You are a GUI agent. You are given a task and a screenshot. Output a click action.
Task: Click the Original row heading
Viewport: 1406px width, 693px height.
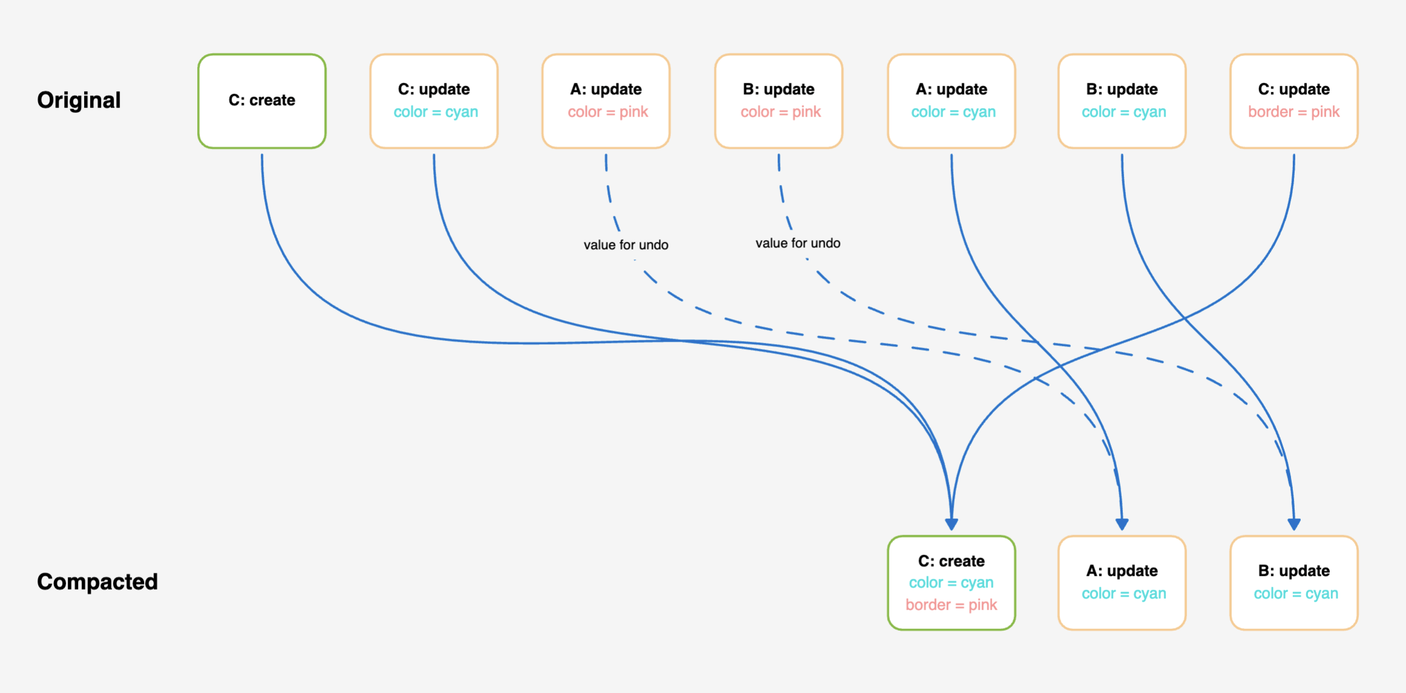click(79, 100)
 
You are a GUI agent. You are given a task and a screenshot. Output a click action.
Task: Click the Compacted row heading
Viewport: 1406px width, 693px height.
click(97, 582)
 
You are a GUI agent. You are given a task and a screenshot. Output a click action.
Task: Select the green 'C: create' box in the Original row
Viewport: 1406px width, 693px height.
click(262, 100)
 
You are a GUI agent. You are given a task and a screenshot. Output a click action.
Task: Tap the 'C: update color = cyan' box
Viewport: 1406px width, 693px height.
click(434, 100)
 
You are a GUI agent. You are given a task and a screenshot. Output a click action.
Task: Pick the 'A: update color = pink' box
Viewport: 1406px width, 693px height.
click(606, 100)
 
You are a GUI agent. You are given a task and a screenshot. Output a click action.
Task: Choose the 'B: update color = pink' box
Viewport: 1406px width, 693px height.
click(779, 100)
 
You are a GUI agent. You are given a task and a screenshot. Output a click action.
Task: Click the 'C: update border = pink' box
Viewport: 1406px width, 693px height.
click(1294, 100)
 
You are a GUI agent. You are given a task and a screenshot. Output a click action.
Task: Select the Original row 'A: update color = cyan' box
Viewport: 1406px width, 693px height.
click(951, 100)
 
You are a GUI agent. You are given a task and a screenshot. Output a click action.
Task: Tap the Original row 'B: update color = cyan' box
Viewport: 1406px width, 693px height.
click(1122, 100)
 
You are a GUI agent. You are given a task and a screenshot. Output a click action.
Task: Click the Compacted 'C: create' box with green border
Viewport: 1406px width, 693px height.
click(951, 582)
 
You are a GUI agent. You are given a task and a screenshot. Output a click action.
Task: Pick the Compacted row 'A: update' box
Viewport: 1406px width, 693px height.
click(1122, 582)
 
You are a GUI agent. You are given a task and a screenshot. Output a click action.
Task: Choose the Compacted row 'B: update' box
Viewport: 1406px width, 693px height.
click(1294, 582)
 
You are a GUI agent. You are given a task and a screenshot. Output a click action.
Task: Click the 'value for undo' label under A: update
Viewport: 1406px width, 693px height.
click(626, 245)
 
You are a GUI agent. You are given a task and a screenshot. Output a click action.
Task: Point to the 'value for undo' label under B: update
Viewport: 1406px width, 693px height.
click(797, 243)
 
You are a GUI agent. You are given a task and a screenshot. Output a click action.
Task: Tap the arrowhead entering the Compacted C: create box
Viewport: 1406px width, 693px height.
click(952, 524)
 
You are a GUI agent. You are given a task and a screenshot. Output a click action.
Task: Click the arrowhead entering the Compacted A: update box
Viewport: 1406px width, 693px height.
click(1122, 524)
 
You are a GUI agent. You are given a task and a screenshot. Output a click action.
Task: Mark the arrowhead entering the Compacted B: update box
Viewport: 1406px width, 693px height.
click(1294, 524)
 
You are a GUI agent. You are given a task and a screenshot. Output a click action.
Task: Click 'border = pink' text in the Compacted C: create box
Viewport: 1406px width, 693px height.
click(951, 605)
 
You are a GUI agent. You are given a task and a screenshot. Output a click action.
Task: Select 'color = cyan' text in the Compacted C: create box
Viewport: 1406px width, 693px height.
click(951, 582)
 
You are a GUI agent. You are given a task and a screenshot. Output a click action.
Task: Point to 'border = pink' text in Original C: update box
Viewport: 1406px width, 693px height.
click(1294, 112)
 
